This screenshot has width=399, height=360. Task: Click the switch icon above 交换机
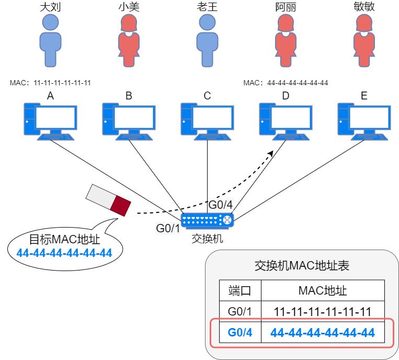(x=207, y=220)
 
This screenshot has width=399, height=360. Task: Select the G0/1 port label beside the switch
(x=167, y=228)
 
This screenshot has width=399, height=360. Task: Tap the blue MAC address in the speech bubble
(x=64, y=253)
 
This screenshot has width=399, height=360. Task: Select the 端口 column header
(x=240, y=290)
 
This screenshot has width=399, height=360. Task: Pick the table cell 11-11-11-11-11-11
(x=323, y=312)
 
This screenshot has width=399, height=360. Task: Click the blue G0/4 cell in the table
(x=240, y=332)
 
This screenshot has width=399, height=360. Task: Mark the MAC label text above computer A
(x=50, y=83)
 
